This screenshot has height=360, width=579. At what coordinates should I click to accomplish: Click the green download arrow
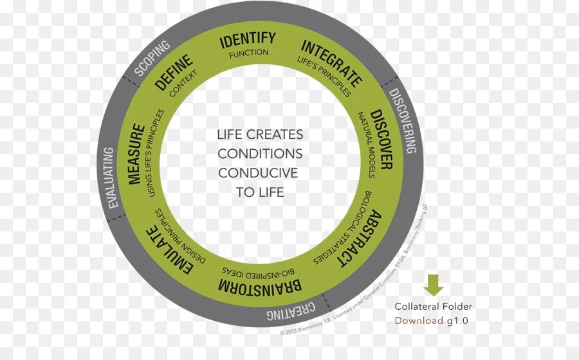tap(434, 285)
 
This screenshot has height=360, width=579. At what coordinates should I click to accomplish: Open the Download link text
tap(419, 321)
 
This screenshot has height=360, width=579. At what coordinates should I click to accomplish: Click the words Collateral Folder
tap(433, 307)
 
